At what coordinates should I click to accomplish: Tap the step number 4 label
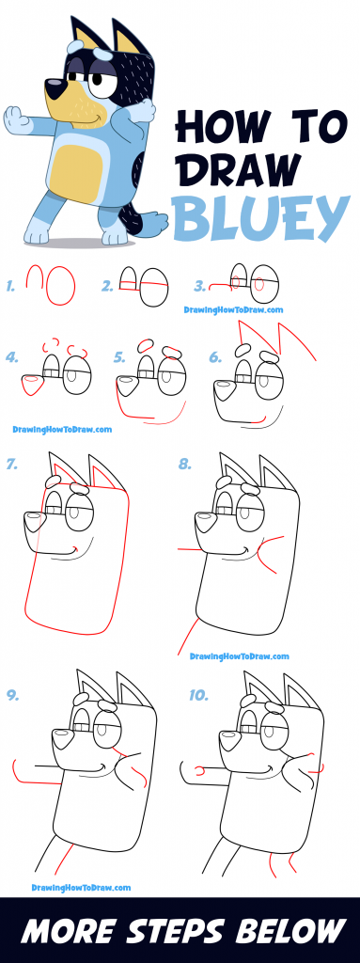coord(11,356)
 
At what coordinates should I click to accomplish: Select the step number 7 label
coord(11,464)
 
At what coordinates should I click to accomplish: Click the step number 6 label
coord(215,356)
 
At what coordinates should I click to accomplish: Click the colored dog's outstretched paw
coord(15,123)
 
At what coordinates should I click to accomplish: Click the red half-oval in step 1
coord(35,278)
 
